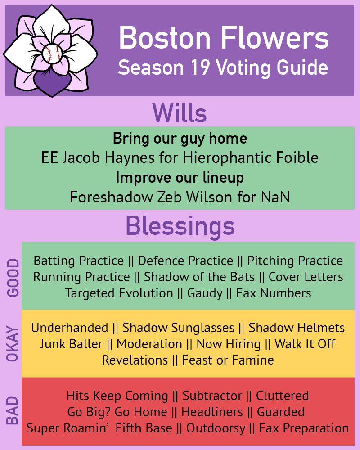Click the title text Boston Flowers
pos(224,38)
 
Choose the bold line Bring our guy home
pos(180,138)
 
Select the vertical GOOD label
pos(14,277)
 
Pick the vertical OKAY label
pos(14,343)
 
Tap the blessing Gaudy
pos(205,293)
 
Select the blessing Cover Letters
pos(306,277)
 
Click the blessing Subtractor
pos(212,396)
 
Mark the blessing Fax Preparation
pos(304,428)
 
